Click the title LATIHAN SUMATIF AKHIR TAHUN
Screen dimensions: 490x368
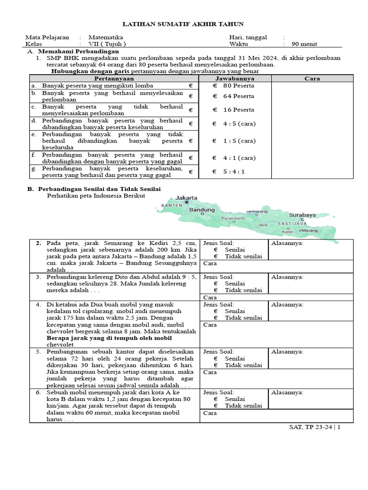(x=184, y=24)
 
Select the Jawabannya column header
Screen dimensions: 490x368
(x=234, y=78)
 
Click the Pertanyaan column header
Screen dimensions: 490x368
(x=114, y=78)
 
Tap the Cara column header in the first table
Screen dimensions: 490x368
(x=312, y=78)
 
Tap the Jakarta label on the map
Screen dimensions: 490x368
(x=186, y=198)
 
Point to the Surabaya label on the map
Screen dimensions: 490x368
(x=302, y=215)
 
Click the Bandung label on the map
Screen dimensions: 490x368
(x=202, y=210)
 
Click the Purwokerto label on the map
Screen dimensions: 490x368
(x=233, y=218)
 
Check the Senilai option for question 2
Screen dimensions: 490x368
(x=235, y=249)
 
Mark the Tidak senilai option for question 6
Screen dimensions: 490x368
(x=243, y=405)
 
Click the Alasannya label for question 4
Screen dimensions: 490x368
(x=287, y=304)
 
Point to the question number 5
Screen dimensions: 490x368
(x=38, y=351)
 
